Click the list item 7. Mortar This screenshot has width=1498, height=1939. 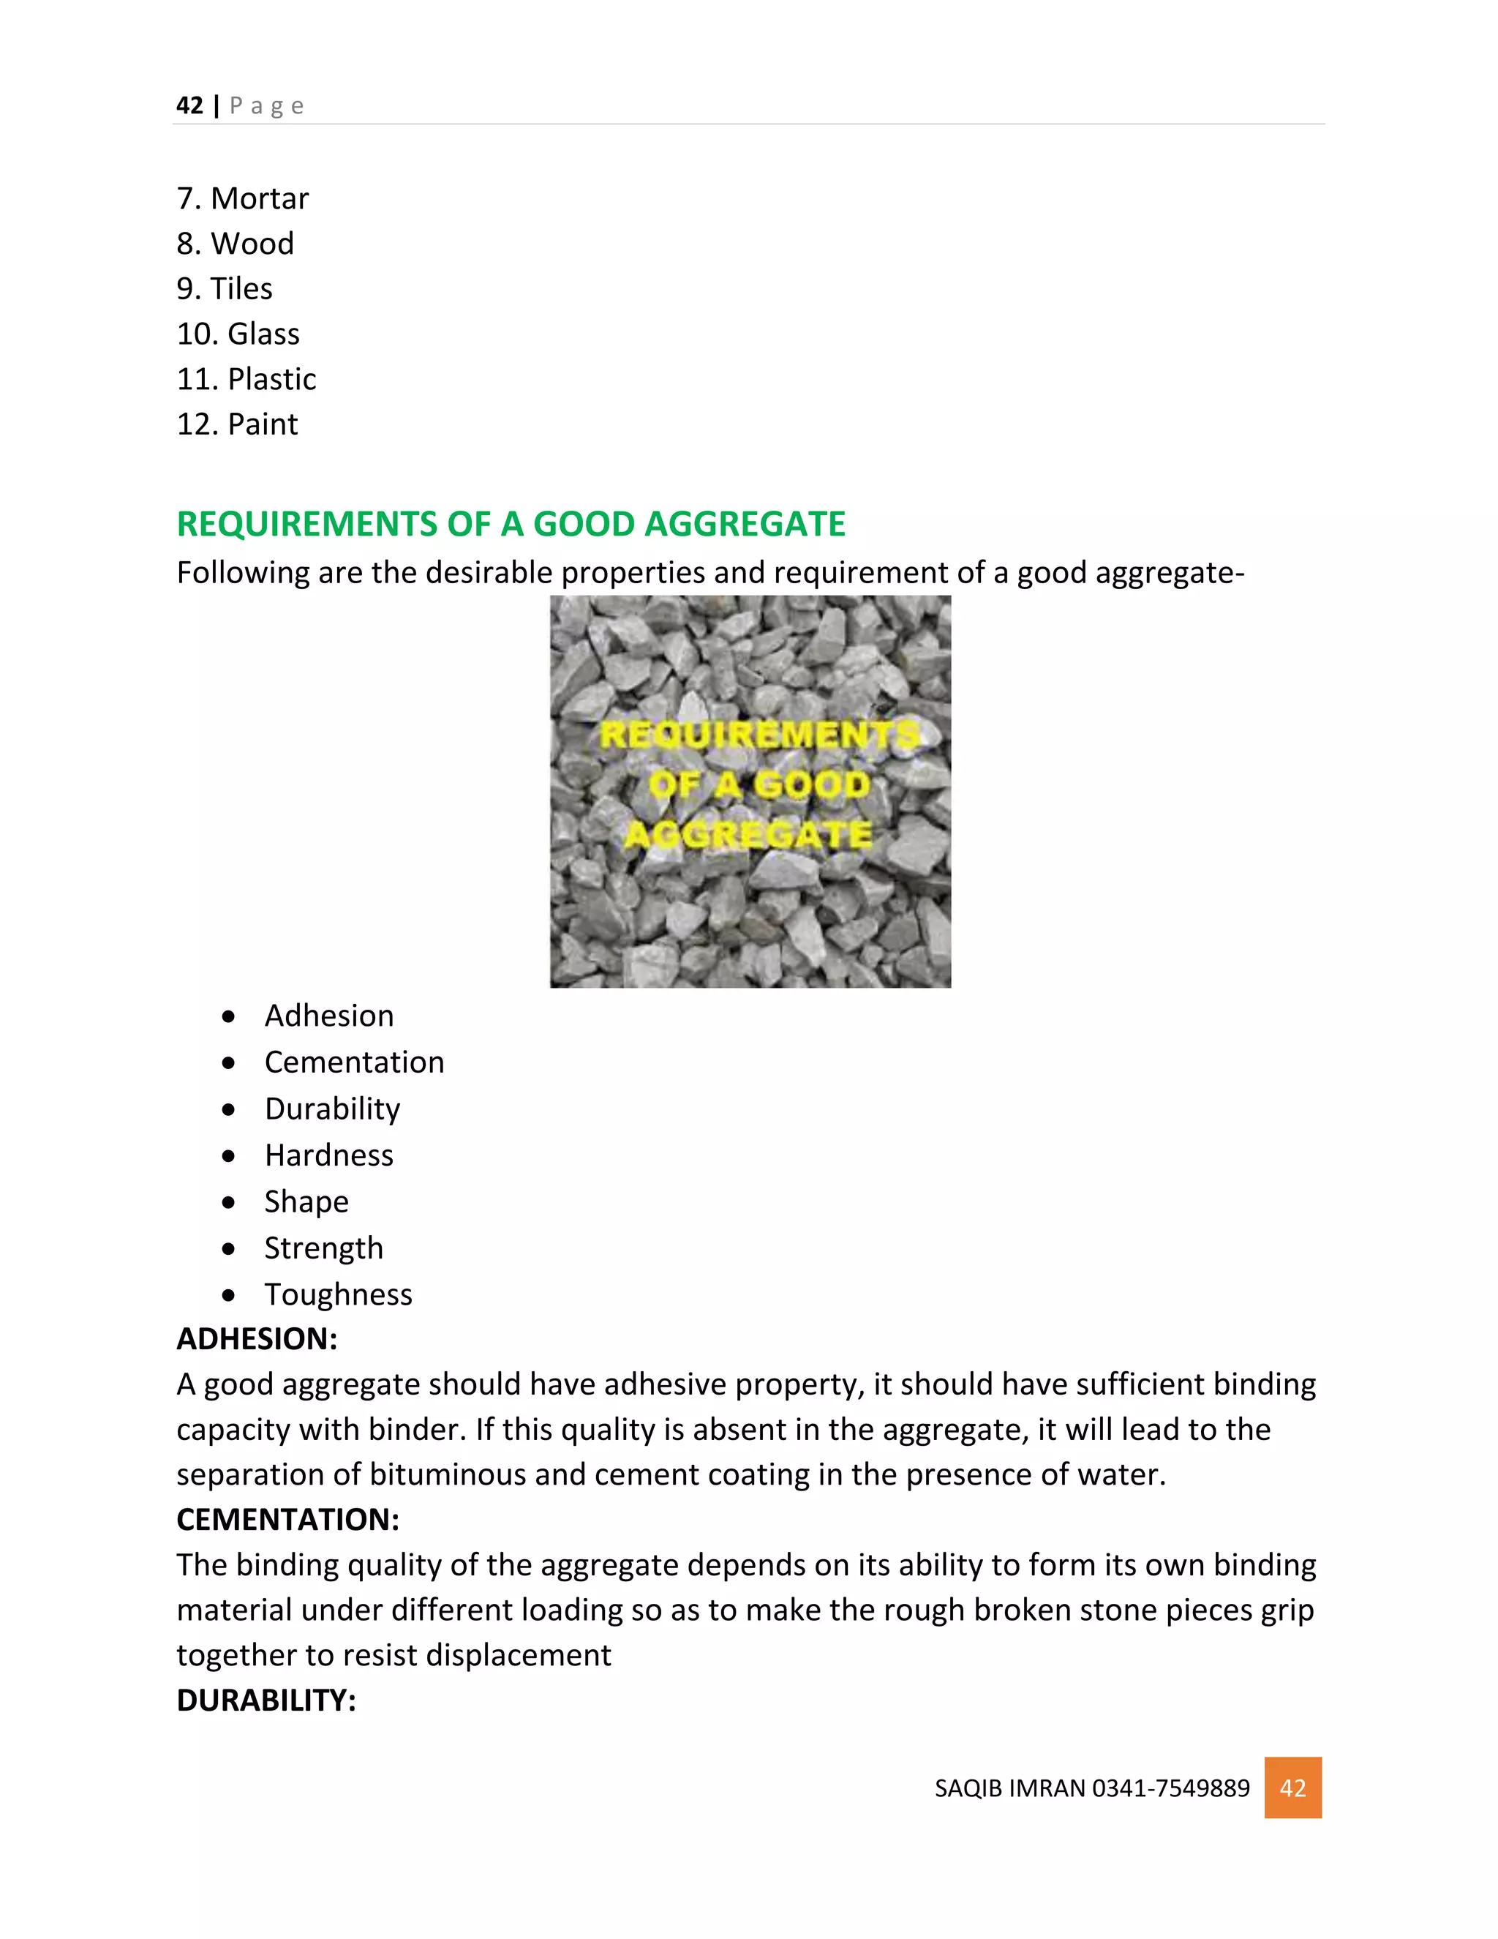242,198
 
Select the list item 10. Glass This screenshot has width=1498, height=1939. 238,334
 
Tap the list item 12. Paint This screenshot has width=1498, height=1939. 237,424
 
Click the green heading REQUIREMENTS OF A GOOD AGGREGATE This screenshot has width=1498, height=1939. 511,524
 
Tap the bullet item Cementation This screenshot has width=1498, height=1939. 354,1062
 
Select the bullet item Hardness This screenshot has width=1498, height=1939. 328,1155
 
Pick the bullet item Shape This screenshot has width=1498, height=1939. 306,1201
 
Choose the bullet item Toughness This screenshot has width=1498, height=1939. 338,1294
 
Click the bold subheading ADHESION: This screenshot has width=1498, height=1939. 257,1339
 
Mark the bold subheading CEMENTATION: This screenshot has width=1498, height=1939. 287,1520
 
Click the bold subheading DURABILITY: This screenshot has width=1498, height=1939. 266,1700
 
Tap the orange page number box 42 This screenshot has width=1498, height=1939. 1292,1788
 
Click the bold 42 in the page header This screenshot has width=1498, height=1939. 190,105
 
